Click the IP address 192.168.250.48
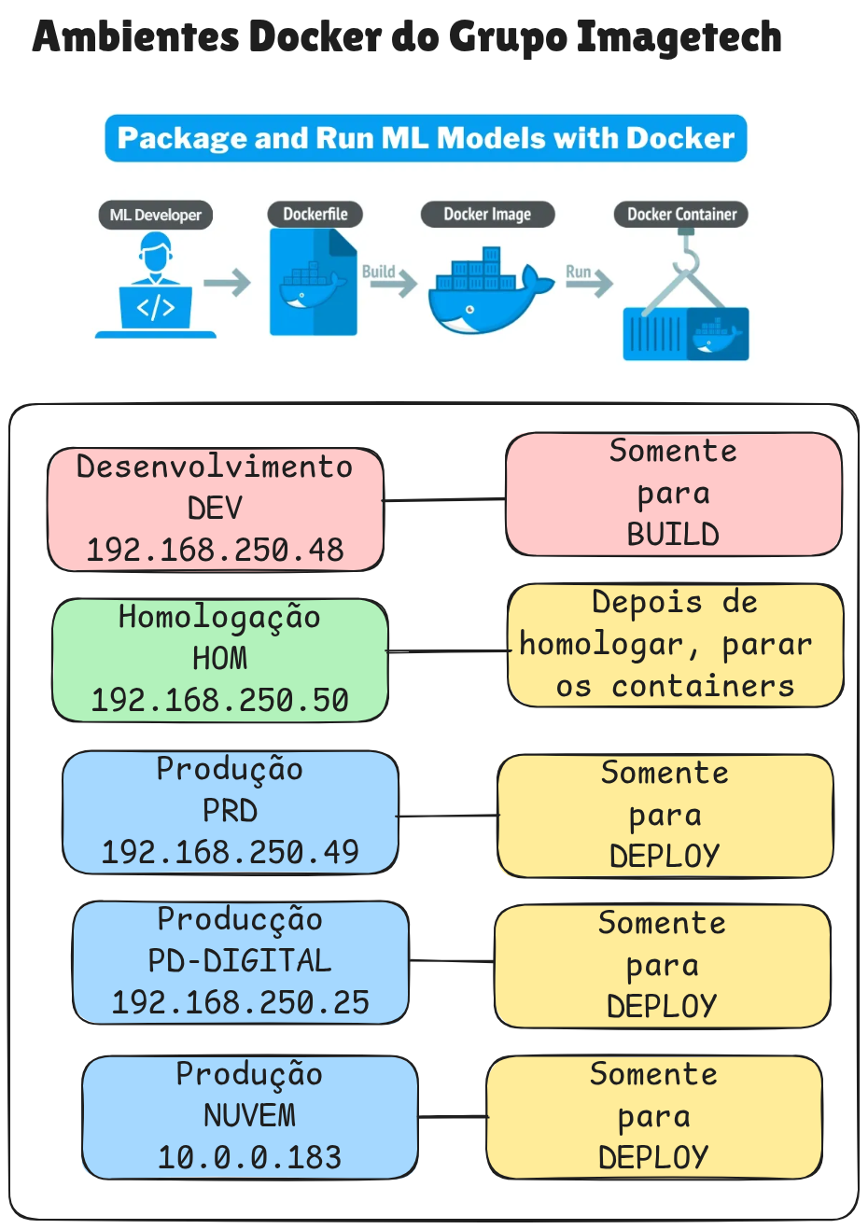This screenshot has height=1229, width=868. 215,550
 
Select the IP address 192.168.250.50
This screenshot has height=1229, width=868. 219,700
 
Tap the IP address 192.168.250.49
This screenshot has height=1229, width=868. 230,852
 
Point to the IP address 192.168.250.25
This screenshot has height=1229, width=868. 240,1002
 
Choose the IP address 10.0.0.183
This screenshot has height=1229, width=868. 249,1157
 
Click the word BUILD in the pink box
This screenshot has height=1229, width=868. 673,535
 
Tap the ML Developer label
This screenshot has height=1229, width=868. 155,215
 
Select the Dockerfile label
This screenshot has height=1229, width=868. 315,214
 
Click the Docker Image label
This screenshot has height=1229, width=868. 487,214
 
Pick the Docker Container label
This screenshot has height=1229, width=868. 681,214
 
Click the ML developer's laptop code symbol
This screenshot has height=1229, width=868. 155,308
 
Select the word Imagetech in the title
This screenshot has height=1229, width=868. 679,37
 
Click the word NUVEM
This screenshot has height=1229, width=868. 249,1115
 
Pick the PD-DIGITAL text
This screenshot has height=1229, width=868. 240,960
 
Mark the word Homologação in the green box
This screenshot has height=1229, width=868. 219,617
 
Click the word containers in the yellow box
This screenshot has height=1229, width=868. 703,686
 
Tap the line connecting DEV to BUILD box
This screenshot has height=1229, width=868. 444,500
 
